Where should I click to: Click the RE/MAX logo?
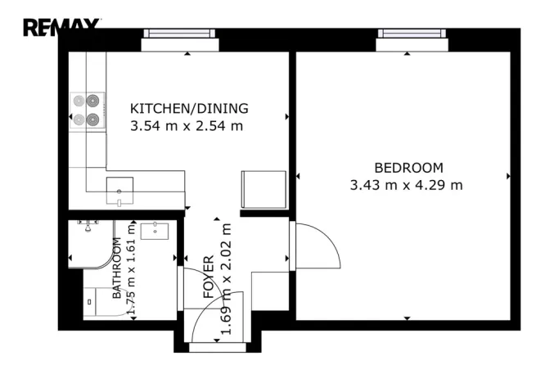click(61, 29)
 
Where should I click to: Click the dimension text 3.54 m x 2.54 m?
click(187, 126)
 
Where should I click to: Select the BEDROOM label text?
click(408, 167)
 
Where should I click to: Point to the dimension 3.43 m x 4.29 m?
click(406, 185)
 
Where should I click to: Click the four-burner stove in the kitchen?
click(86, 110)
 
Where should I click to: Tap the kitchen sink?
click(119, 190)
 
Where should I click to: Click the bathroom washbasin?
click(154, 230)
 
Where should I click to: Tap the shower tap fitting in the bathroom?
click(88, 223)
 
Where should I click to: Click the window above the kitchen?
click(180, 35)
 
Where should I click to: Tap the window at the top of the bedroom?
click(413, 35)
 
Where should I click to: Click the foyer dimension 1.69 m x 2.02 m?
click(227, 278)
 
